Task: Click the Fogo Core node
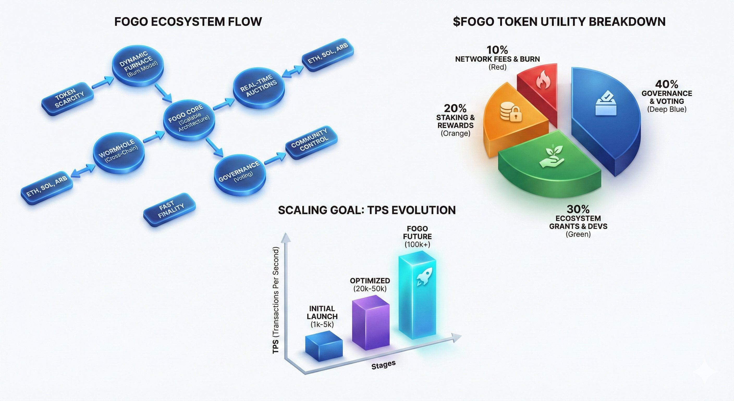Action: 189,120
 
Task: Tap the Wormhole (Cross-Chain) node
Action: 119,153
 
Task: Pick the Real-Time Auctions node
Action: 259,86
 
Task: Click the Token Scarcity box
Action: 68,99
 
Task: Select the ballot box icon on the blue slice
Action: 606,103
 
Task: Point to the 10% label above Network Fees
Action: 497,50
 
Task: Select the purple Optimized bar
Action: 371,322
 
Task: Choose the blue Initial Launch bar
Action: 324,346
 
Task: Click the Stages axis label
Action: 383,365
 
